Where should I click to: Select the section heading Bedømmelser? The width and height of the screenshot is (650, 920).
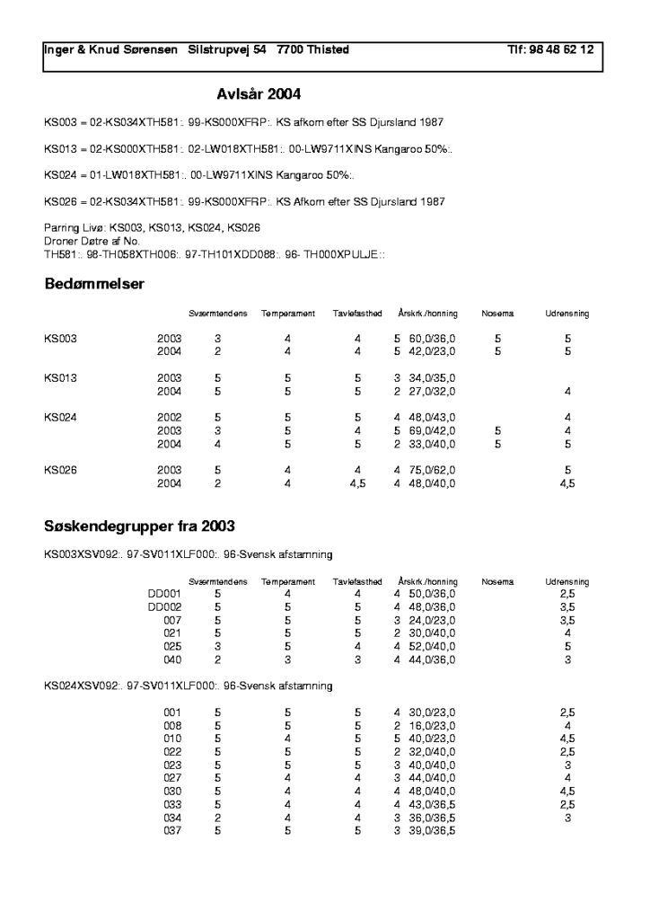[x=94, y=285]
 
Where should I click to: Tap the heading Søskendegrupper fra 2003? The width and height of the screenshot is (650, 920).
[x=140, y=525]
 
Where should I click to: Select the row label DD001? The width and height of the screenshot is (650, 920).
[x=165, y=594]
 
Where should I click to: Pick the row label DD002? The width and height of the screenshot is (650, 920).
[x=165, y=607]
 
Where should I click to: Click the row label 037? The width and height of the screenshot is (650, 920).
[x=172, y=831]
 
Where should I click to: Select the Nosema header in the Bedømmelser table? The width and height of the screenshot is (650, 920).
[x=497, y=314]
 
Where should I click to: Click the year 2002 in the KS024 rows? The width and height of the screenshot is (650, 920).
[x=170, y=417]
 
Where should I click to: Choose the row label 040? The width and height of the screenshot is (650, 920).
[x=172, y=659]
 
